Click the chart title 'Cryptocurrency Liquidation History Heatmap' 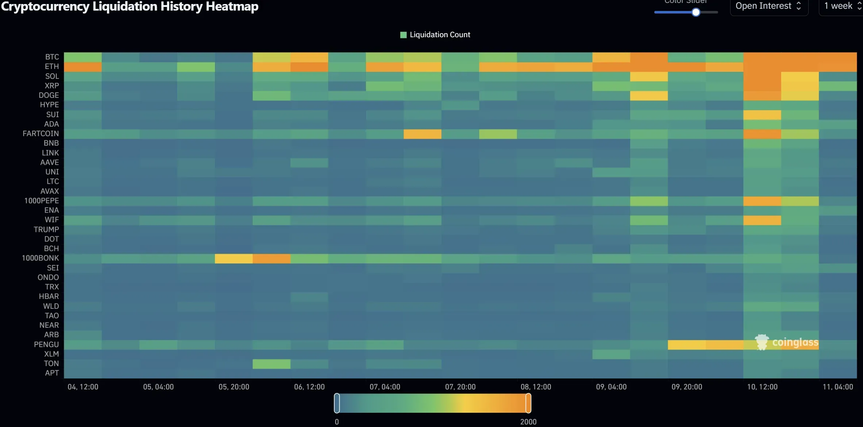click(x=130, y=7)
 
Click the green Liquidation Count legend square click(x=403, y=35)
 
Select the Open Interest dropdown click(x=768, y=6)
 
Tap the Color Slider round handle click(x=696, y=12)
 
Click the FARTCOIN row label click(x=41, y=133)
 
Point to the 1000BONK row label click(x=40, y=258)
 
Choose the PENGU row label click(x=46, y=344)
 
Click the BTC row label click(x=52, y=57)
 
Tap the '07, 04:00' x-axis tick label click(x=385, y=387)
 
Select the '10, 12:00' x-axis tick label click(x=762, y=387)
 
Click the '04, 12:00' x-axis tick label click(x=83, y=387)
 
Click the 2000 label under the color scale click(x=528, y=422)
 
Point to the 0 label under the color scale click(x=337, y=422)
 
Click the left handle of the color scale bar click(x=337, y=403)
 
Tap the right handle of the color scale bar click(x=528, y=403)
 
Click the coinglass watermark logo click(x=786, y=342)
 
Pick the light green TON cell click(x=271, y=364)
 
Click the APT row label click(x=52, y=373)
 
